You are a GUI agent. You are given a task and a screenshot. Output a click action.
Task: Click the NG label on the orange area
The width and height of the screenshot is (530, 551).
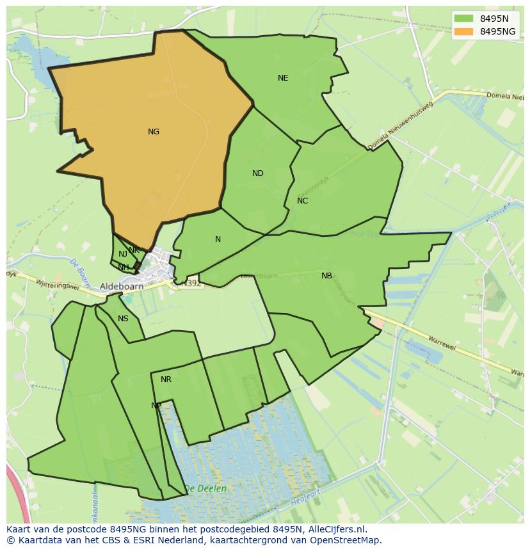point(154,132)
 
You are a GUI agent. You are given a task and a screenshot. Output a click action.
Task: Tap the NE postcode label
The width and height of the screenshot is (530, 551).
point(283,78)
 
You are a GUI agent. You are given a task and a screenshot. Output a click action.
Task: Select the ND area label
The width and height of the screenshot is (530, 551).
point(258,173)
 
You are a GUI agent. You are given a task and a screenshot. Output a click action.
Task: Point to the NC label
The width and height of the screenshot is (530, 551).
point(303,201)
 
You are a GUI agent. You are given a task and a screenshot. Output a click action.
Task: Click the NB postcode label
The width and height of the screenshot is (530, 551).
point(326,276)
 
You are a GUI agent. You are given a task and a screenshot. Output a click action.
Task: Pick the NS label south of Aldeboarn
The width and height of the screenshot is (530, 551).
point(123,319)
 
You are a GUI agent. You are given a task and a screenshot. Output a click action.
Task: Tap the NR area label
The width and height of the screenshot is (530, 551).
point(166,379)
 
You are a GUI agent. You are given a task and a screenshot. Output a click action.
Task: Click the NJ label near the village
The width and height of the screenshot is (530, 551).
point(123,255)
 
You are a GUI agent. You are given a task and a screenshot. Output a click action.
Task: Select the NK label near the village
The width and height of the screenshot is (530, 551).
point(134,250)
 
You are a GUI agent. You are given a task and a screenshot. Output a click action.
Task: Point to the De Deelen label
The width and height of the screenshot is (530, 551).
point(205,488)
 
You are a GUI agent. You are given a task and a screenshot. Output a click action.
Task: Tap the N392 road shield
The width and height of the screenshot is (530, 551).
point(190,282)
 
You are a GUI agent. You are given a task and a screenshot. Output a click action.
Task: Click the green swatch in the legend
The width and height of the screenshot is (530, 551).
point(464,19)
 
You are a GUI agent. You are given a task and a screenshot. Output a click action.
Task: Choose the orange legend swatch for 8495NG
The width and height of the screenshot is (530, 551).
point(464,31)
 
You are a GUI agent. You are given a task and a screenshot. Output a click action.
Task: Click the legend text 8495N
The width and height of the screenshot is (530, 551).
point(494,19)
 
